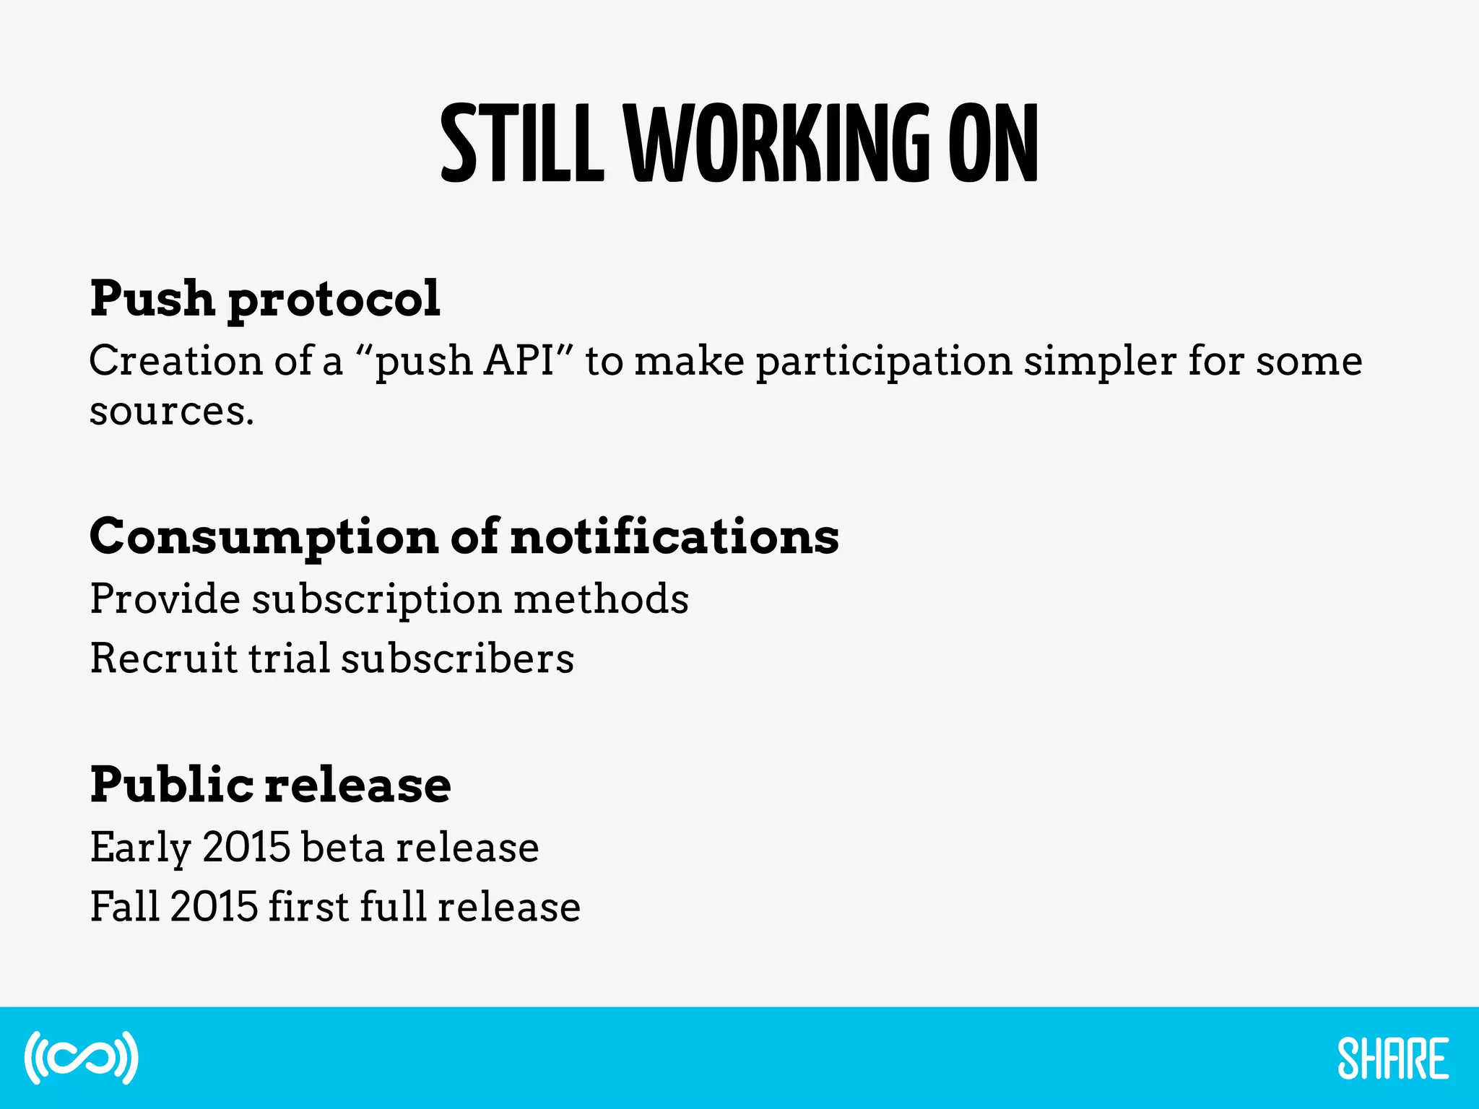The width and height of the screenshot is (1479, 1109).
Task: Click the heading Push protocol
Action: click(264, 298)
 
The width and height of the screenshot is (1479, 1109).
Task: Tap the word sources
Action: click(171, 412)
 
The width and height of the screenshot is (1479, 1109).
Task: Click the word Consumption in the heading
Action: click(264, 538)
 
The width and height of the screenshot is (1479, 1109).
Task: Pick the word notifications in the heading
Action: click(675, 536)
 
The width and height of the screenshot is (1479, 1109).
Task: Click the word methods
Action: click(601, 599)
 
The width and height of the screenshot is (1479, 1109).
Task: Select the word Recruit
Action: click(163, 658)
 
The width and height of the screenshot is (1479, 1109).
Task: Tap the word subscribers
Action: click(457, 658)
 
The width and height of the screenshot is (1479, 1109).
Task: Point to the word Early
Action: click(140, 848)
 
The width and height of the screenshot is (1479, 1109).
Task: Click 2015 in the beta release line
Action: click(246, 847)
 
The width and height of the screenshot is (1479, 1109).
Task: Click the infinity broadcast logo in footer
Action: click(81, 1058)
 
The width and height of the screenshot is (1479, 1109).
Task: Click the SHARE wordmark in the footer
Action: click(1392, 1058)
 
